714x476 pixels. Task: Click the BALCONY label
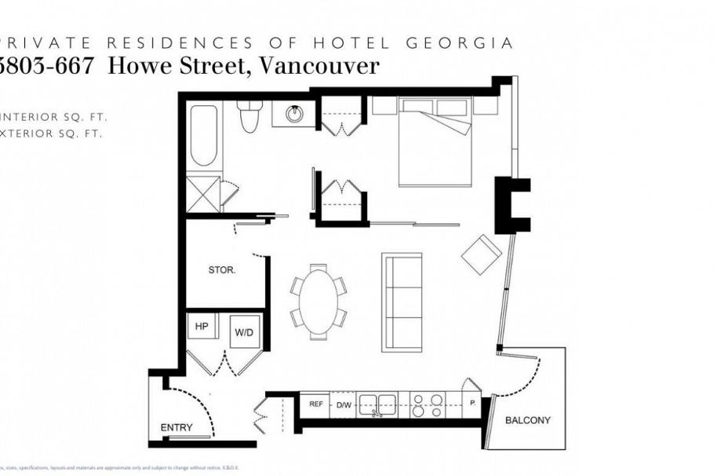[x=527, y=420]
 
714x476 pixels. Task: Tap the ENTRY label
[x=177, y=427]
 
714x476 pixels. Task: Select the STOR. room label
[x=222, y=269]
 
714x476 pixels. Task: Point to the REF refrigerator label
[x=316, y=405]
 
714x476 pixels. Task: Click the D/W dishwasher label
[x=343, y=405]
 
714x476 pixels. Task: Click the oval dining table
[x=319, y=301]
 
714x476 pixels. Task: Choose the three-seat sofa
[x=402, y=302]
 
